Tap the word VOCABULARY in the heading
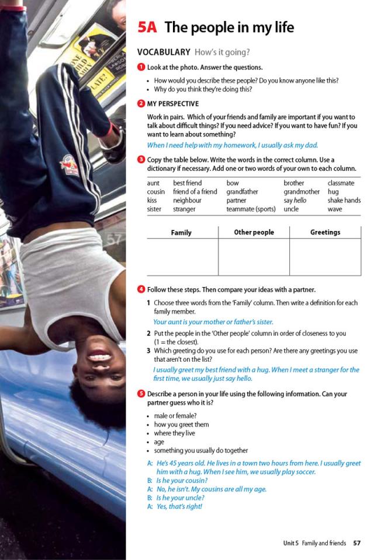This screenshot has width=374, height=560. [x=164, y=52]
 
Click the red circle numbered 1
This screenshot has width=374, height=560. [x=141, y=68]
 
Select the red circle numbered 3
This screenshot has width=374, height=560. [x=141, y=160]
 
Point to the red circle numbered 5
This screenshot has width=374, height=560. [x=141, y=394]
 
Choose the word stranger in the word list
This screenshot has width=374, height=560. [x=184, y=209]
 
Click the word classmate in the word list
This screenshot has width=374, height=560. [x=341, y=183]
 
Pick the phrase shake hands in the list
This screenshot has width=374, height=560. [x=344, y=200]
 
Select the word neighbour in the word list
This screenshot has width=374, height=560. [x=187, y=200]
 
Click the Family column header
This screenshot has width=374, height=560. [x=181, y=233]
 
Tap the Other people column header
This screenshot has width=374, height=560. [x=254, y=232]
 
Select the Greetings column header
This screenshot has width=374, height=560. [x=325, y=232]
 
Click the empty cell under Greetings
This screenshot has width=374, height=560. [x=325, y=257]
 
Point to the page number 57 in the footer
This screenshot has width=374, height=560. [x=356, y=543]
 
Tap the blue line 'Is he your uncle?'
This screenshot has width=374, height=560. [x=180, y=498]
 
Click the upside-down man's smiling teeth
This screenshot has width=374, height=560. [x=99, y=357]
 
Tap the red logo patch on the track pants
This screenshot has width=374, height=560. [x=70, y=166]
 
